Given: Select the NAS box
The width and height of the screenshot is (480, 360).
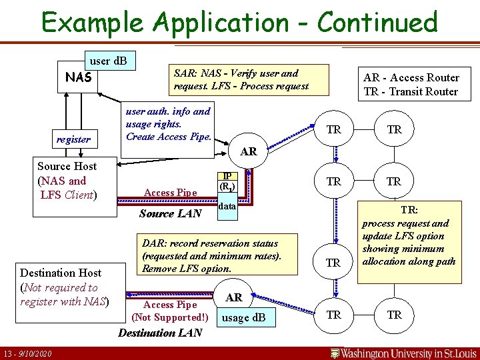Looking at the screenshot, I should (x=78, y=78).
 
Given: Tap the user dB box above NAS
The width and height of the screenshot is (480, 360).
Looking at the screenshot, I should (x=108, y=61).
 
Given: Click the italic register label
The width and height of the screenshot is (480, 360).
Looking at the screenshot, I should (x=73, y=139).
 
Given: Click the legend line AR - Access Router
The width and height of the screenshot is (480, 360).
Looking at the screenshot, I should (x=411, y=77).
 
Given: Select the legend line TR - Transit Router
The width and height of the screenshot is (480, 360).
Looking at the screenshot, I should (x=411, y=91).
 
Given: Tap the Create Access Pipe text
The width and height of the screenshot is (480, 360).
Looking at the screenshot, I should (x=169, y=137).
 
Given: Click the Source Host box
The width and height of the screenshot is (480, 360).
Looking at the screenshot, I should (x=67, y=181).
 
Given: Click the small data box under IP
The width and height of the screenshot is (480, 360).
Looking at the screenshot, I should (x=227, y=207).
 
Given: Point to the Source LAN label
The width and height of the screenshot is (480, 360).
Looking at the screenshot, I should (x=170, y=213).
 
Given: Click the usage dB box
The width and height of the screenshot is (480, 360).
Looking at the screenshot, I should (x=243, y=318).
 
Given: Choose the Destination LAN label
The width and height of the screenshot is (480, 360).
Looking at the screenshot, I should (x=160, y=333).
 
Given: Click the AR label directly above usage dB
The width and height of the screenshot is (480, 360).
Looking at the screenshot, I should (x=233, y=297).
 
